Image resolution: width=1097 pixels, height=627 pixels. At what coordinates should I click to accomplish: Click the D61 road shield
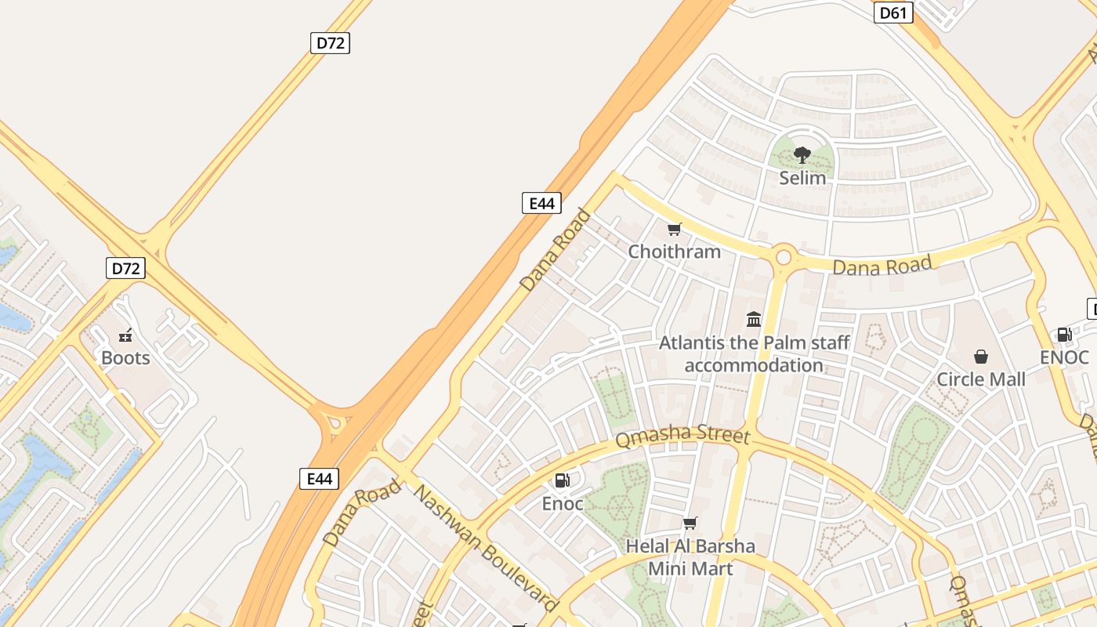click(x=893, y=13)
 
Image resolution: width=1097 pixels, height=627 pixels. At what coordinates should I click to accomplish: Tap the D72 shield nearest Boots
click(x=125, y=269)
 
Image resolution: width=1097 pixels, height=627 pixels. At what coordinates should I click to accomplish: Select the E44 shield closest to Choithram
click(x=541, y=204)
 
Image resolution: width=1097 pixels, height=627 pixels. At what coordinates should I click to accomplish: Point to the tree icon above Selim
click(x=802, y=155)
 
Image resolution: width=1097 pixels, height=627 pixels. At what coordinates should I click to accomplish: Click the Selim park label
click(x=802, y=178)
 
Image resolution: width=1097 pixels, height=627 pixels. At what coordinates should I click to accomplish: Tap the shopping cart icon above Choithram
click(x=674, y=230)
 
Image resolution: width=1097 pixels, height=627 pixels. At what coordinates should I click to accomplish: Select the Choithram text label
click(x=674, y=252)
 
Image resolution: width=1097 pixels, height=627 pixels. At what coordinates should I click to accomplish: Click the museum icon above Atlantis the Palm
click(x=754, y=319)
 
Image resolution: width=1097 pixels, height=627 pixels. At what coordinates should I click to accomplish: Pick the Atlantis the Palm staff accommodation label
click(x=754, y=354)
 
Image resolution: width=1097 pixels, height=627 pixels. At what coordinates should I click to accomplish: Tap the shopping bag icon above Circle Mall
click(x=981, y=357)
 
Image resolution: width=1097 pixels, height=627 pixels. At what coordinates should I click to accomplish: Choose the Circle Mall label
click(x=981, y=379)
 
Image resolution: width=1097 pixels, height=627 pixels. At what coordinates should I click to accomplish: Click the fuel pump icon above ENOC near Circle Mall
click(x=1064, y=335)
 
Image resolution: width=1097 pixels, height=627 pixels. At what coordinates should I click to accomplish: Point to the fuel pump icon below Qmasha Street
click(x=562, y=480)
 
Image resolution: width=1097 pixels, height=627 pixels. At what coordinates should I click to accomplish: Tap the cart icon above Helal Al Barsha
click(x=690, y=523)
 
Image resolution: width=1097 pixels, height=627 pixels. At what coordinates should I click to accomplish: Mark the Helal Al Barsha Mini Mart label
click(x=690, y=557)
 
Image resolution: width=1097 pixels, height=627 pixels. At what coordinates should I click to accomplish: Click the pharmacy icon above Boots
click(x=125, y=336)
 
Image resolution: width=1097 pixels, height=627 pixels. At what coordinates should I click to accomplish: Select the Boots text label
click(x=125, y=358)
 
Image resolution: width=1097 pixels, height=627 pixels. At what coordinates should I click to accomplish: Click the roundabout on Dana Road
click(x=784, y=257)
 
